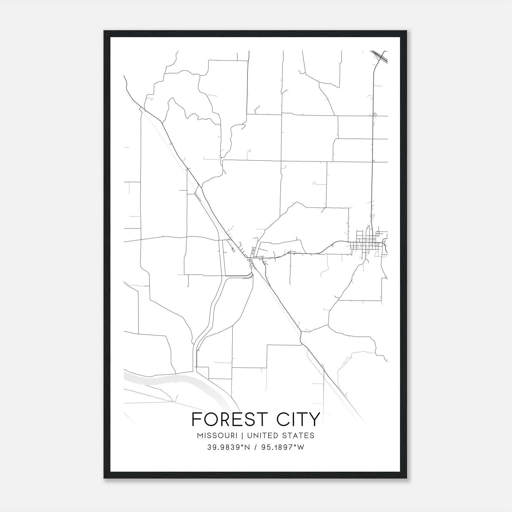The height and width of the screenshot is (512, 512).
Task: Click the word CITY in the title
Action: [x=299, y=419]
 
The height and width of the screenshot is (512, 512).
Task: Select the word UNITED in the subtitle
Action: [x=262, y=436]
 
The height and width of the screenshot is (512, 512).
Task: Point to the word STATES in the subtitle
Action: [x=299, y=436]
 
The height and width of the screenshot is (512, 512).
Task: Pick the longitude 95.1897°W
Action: [x=283, y=447]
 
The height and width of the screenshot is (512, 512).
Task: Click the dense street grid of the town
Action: [x=366, y=246]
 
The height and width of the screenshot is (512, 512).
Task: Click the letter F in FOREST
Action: [x=196, y=419]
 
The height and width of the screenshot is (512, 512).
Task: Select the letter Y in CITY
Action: [x=315, y=419]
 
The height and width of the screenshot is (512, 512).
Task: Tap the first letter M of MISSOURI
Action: [x=200, y=436]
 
